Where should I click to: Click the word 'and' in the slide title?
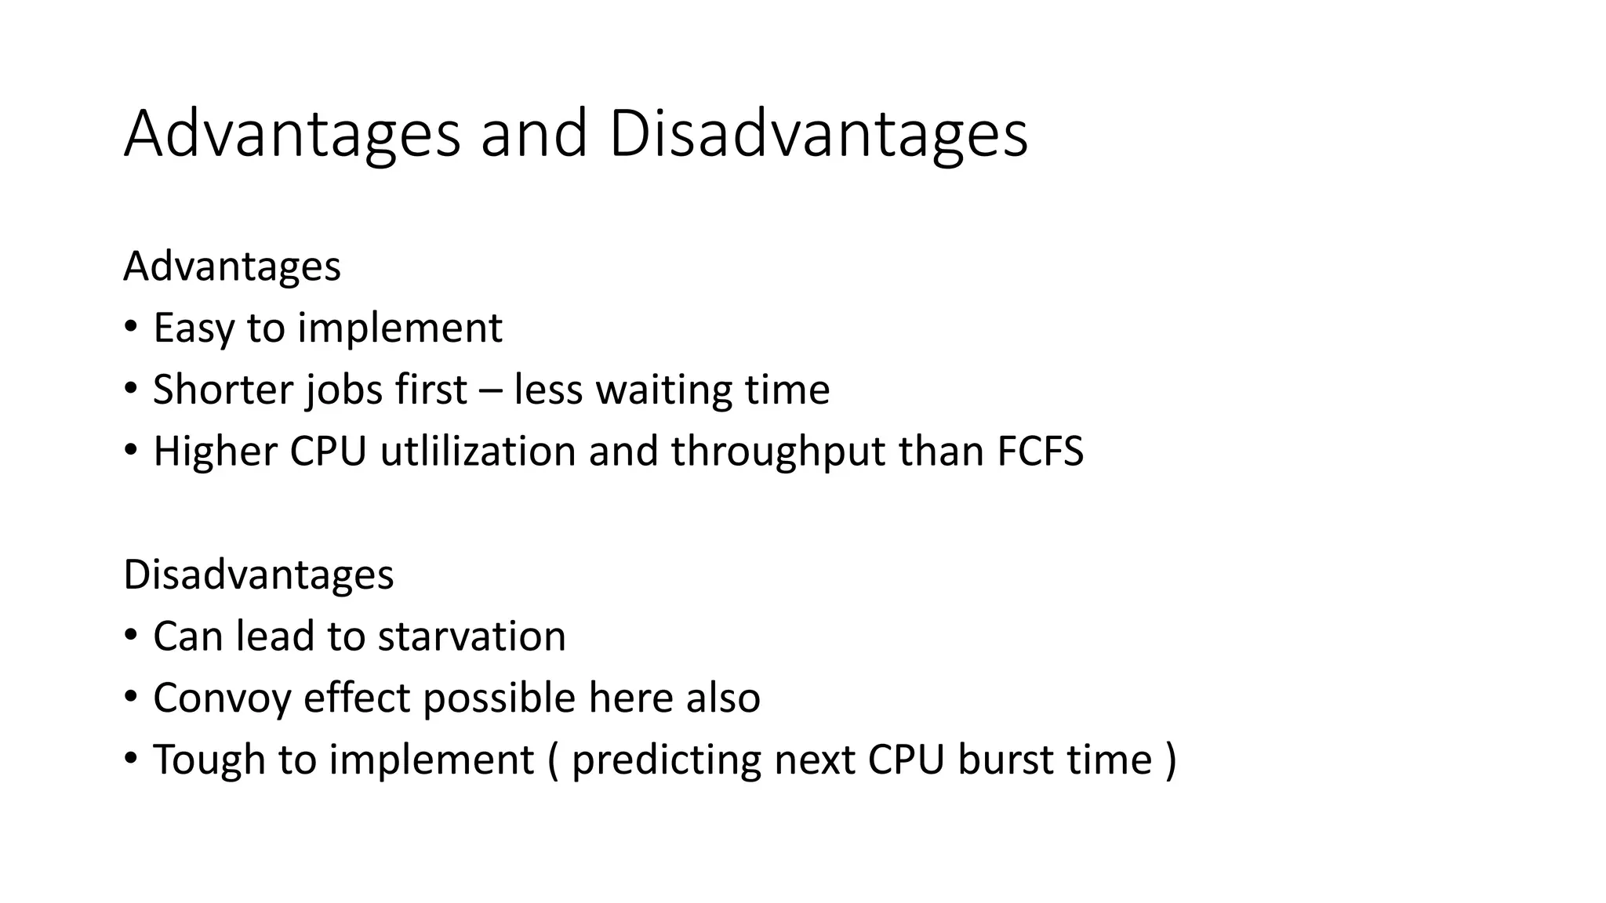(533, 134)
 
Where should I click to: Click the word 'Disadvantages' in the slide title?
(817, 134)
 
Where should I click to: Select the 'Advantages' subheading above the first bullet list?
(232, 267)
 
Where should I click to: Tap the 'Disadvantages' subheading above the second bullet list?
(258, 575)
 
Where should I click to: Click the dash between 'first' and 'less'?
(490, 391)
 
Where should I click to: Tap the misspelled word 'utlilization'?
(478, 451)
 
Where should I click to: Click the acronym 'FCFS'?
(1040, 451)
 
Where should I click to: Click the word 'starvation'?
(471, 636)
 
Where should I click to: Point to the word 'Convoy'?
(222, 698)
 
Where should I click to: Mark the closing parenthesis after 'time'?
(1171, 760)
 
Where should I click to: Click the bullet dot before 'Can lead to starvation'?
(131, 634)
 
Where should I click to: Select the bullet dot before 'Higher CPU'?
(131, 450)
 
